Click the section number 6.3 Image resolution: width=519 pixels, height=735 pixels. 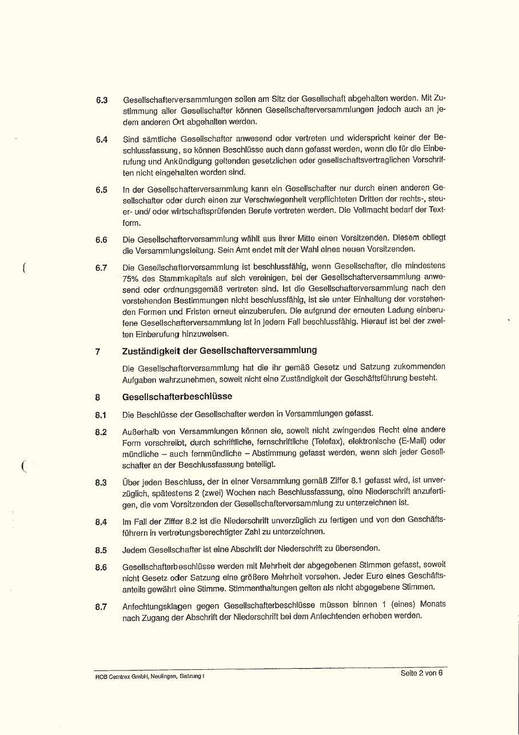coord(102,101)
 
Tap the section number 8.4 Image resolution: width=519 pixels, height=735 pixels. coord(101,522)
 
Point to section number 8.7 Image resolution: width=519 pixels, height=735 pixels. coord(101,607)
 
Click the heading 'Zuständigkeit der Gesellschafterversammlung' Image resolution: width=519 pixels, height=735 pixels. coord(219,350)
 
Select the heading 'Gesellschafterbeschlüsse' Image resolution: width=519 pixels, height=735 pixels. coord(177,397)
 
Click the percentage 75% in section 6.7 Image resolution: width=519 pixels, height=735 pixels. coord(131,278)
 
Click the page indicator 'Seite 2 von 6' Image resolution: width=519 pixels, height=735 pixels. coord(421,673)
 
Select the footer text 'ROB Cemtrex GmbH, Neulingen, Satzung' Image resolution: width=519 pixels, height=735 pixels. coord(149,677)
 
